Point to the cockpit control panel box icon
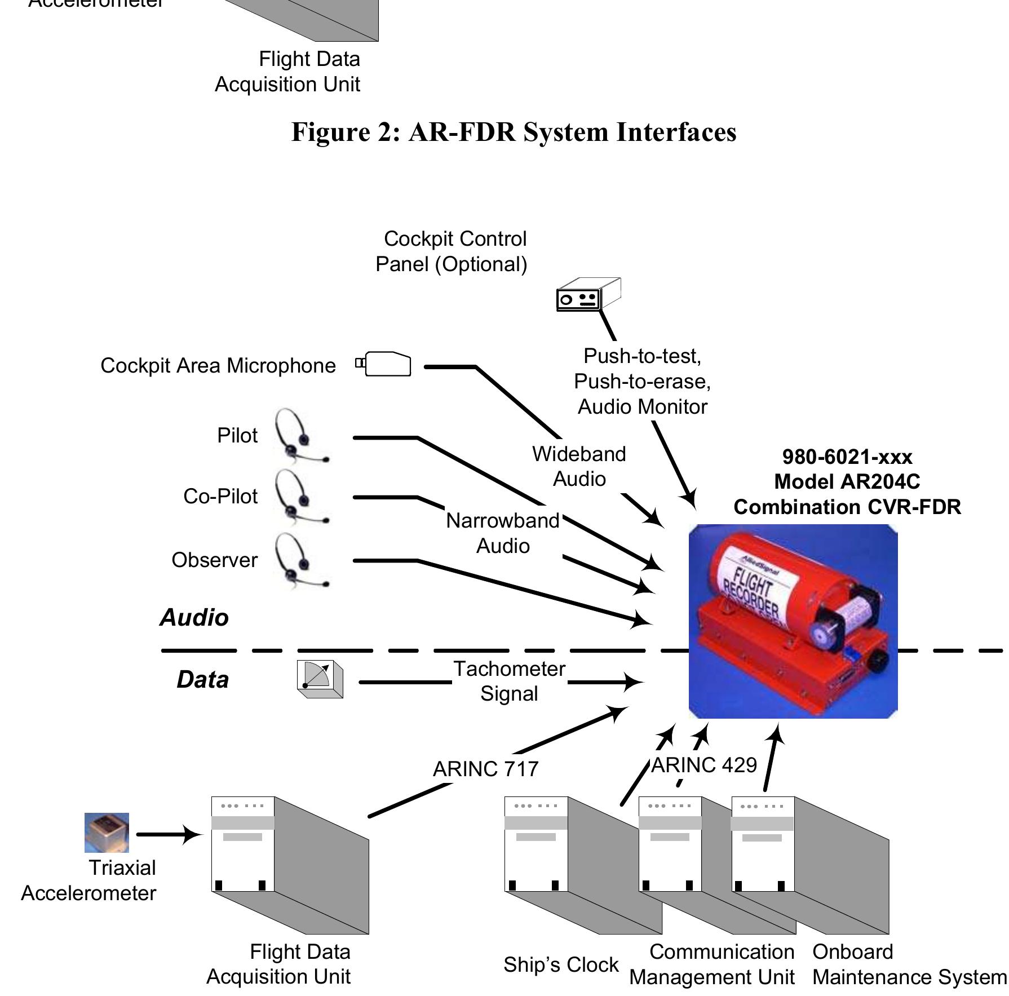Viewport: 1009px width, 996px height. tap(588, 294)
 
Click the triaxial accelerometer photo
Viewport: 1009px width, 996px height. tap(107, 833)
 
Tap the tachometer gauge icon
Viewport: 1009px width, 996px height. tap(320, 679)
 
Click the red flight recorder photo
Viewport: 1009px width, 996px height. tap(793, 621)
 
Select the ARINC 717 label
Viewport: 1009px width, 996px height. tap(486, 769)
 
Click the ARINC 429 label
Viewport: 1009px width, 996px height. tap(704, 765)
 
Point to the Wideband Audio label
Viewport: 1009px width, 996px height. tap(579, 466)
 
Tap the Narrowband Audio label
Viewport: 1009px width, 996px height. tap(503, 533)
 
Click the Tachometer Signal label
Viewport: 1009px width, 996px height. tap(509, 681)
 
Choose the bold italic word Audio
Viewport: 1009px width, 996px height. tap(194, 617)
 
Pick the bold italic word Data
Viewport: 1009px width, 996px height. tap(203, 679)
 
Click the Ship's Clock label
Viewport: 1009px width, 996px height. tap(561, 964)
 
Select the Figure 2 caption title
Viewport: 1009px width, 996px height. tap(514, 132)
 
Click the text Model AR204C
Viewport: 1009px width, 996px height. tap(847, 481)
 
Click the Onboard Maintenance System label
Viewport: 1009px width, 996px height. tap(909, 964)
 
